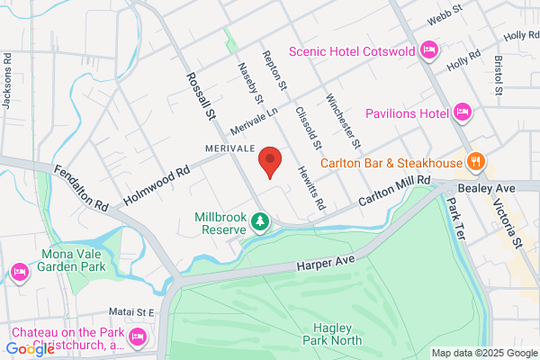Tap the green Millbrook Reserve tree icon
pos(259,220)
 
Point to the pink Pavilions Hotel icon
pos(463,113)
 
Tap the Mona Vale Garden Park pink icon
pos(19,271)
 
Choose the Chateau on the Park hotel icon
pos(138,337)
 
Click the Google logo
pos(31,349)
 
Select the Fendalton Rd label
pos(80,187)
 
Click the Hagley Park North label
pos(337,334)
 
